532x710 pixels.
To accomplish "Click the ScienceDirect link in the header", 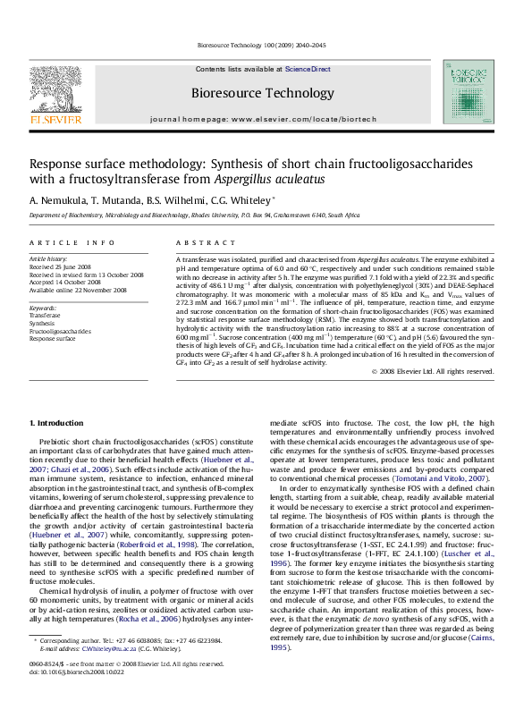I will point(308,69).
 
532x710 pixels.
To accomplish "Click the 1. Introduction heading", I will point(56,421).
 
